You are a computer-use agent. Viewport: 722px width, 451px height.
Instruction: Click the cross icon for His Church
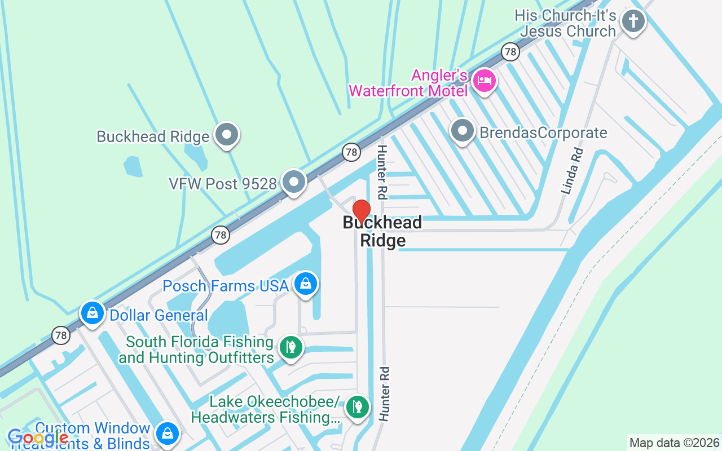(633, 22)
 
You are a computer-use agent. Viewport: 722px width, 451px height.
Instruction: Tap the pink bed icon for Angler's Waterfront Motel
(484, 81)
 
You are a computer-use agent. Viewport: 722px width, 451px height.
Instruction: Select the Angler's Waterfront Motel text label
(408, 83)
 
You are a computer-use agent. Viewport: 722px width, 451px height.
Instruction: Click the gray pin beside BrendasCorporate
(463, 131)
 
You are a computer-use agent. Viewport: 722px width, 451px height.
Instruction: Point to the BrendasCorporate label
(543, 133)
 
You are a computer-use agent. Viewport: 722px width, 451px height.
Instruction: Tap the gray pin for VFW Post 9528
(293, 182)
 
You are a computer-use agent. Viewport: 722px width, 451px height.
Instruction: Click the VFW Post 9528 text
(223, 184)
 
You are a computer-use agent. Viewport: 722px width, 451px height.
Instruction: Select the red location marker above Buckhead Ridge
(361, 211)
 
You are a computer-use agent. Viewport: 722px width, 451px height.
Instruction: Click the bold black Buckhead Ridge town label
(382, 231)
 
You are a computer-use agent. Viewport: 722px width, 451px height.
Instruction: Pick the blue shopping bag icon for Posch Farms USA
(305, 284)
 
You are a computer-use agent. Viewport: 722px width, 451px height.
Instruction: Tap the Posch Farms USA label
(226, 286)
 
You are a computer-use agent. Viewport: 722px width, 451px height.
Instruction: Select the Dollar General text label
(159, 315)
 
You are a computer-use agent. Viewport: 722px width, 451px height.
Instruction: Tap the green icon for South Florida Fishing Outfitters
(291, 347)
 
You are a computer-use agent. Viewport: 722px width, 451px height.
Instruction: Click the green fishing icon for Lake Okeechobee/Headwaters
(357, 406)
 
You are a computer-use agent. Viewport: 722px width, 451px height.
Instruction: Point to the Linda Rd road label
(572, 171)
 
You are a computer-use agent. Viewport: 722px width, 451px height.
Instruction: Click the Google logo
(38, 437)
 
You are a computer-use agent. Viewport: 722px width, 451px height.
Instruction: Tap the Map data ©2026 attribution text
(674, 443)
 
